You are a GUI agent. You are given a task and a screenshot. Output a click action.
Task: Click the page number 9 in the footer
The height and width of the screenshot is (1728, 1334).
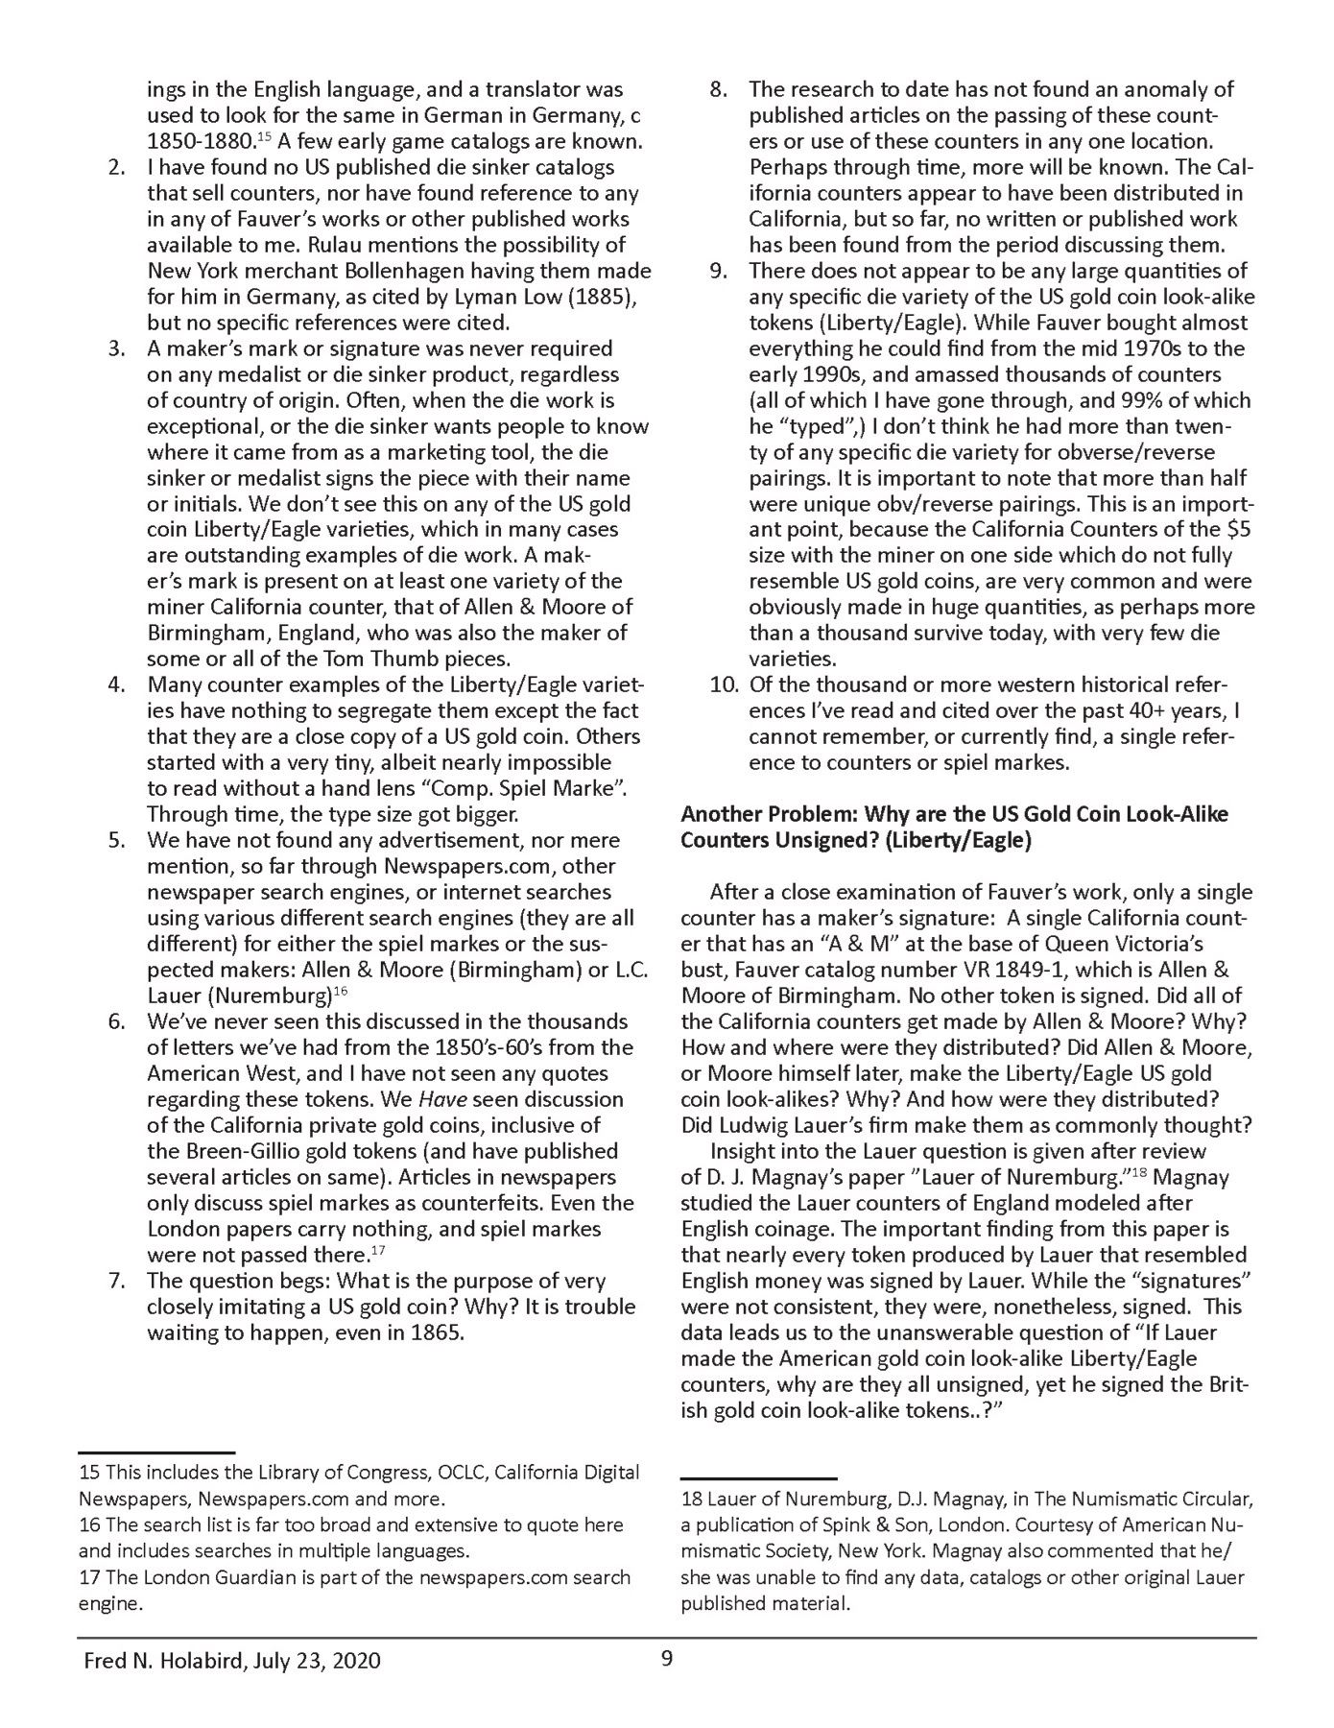pyautogui.click(x=667, y=1659)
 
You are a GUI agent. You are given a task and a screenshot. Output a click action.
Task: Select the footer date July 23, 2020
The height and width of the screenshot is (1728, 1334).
pyautogui.click(x=317, y=1661)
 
